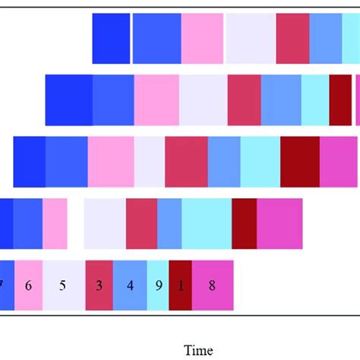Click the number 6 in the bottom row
pos(28,286)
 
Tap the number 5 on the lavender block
pos(63,286)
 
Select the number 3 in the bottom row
pos(99,286)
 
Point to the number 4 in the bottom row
pos(130,286)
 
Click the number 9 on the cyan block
pos(157,286)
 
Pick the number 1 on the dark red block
pos(180,286)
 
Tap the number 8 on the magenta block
pos(212,286)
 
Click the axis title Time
pos(199,350)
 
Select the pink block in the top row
pos(202,39)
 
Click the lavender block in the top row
pos(251,39)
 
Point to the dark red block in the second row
pos(340,99)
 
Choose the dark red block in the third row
pos(300,161)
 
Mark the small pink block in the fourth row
pos(55,223)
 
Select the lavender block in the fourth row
pos(105,223)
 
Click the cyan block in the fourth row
pos(207,223)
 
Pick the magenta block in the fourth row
pos(279,223)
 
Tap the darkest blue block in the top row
pos(111,39)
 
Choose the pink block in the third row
pos(111,161)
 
